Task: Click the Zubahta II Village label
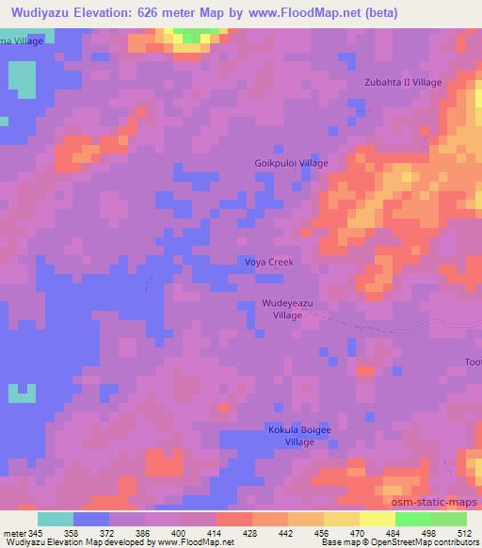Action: pyautogui.click(x=403, y=83)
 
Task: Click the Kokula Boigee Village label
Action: pyautogui.click(x=299, y=435)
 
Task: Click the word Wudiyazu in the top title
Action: pyautogui.click(x=41, y=12)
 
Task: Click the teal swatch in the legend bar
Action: pyautogui.click(x=56, y=519)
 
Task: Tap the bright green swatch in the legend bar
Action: pyautogui.click(x=413, y=519)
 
